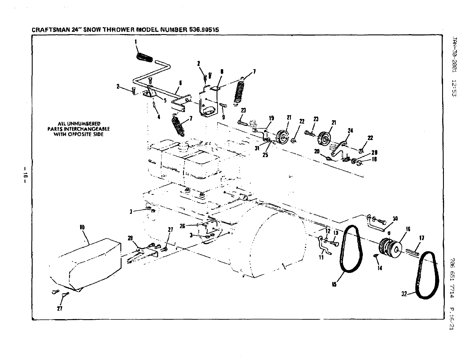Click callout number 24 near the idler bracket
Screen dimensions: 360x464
click(350, 131)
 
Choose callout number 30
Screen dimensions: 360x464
click(395, 219)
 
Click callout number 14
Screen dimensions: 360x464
click(379, 268)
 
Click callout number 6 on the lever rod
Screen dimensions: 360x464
click(180, 83)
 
